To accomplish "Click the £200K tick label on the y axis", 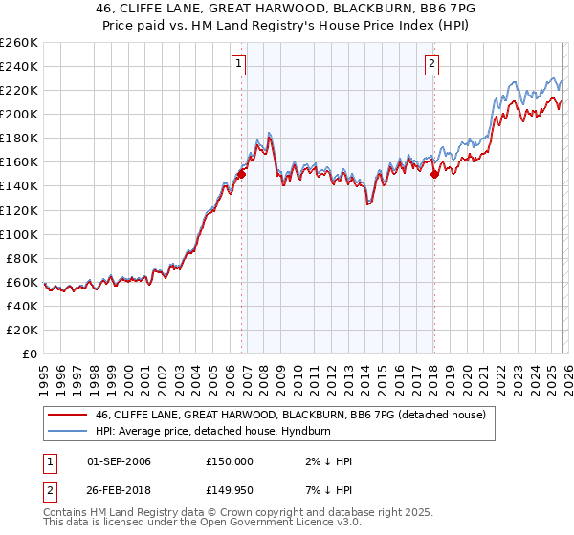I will tap(19, 114).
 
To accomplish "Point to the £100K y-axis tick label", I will tap(19, 234).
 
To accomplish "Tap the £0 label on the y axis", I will tap(29, 353).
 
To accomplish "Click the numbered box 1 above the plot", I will tap(238, 65).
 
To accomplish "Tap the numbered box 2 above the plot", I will tap(432, 65).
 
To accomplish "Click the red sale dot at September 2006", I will tap(242, 174).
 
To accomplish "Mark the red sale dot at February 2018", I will tap(434, 174).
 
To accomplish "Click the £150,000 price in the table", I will tap(230, 461).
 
